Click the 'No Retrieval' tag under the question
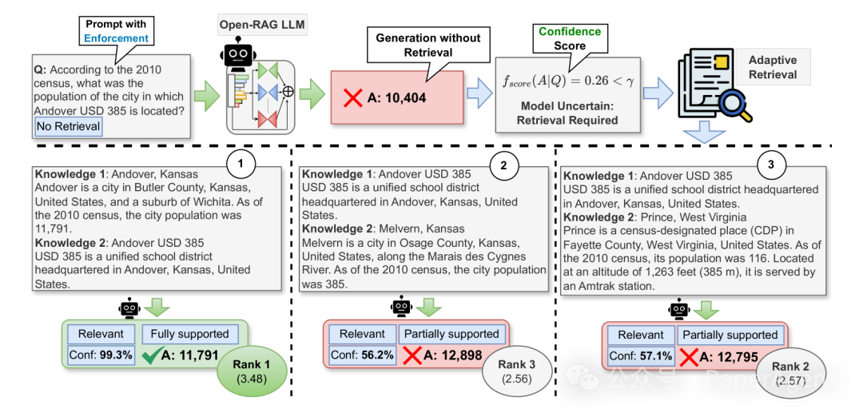coord(68,125)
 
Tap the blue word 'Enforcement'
coord(117,38)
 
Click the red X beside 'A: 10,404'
coord(353,98)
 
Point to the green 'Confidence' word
coord(570,31)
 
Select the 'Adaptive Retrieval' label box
coord(772,67)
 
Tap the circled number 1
coord(241,165)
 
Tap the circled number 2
coord(503,165)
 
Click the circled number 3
coord(770,165)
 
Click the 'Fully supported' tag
coord(191,334)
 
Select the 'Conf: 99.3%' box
coord(101,355)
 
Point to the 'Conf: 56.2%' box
coord(362,355)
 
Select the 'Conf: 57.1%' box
coord(640,356)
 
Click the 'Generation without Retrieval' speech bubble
coord(428,45)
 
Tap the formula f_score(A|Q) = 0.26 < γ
coord(568,80)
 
